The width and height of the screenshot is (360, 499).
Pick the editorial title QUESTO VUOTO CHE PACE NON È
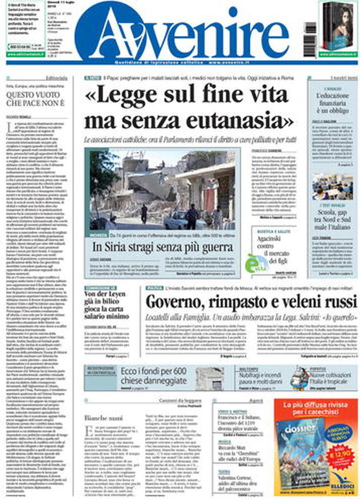35,98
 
